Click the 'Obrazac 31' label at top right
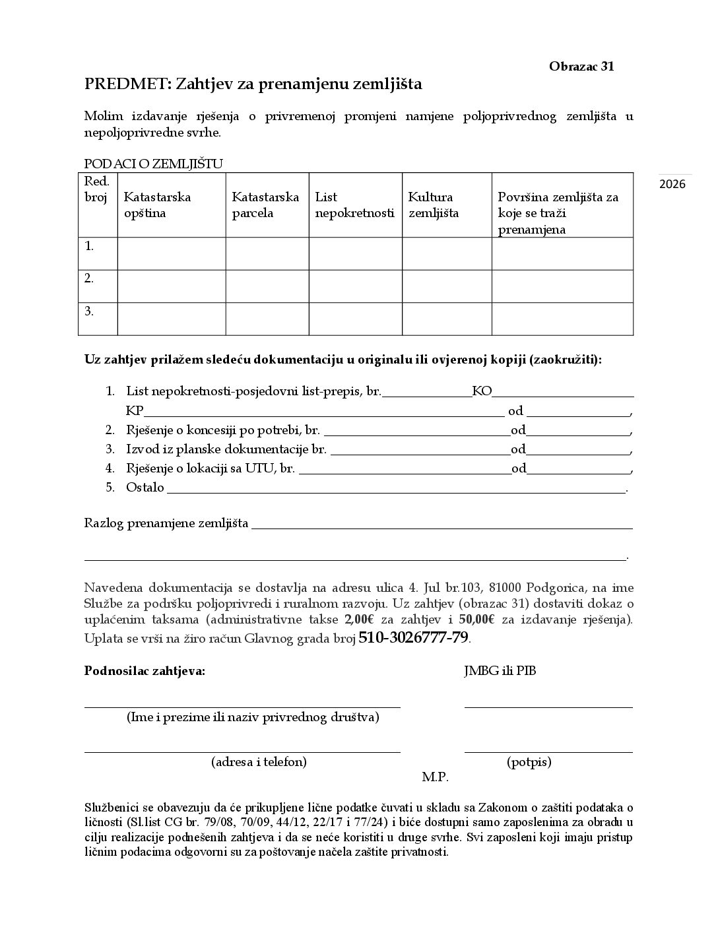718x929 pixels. click(581, 66)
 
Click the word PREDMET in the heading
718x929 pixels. click(127, 84)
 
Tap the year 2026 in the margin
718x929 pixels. click(672, 184)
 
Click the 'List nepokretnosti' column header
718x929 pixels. click(354, 205)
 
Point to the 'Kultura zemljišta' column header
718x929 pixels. click(433, 205)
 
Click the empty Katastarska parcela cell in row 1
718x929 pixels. click(267, 254)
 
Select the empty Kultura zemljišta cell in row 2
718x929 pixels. click(447, 286)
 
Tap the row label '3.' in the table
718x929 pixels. click(89, 310)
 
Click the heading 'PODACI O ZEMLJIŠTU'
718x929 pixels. click(154, 164)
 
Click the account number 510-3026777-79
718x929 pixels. click(413, 638)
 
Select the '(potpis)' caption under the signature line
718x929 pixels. click(529, 762)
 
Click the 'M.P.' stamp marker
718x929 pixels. click(435, 777)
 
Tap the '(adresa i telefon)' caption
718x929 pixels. click(259, 762)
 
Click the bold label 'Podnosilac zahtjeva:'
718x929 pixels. click(145, 672)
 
